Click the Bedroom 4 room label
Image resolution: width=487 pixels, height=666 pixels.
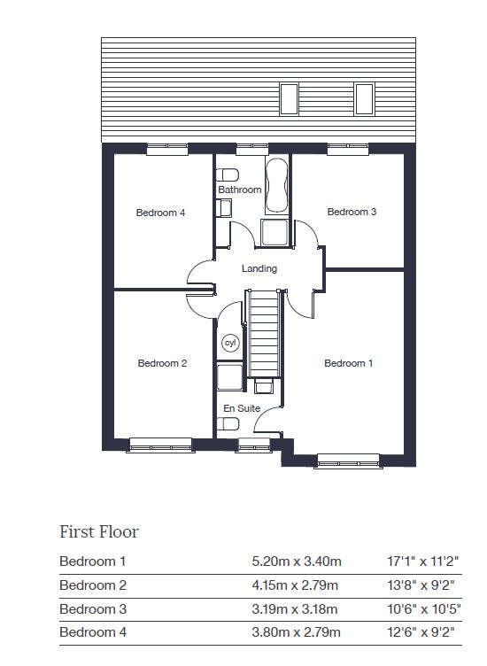tap(160, 213)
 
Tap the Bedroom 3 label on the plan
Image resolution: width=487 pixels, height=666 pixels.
tap(352, 212)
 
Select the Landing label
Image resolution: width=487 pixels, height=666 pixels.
tap(259, 268)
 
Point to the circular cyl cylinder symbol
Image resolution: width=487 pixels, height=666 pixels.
tap(230, 343)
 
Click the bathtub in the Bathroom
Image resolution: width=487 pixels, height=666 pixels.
tap(276, 185)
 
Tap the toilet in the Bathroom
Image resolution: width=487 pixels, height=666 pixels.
tap(228, 175)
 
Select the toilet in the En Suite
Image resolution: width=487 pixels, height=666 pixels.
tap(228, 423)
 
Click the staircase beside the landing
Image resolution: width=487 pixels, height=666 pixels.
tap(264, 334)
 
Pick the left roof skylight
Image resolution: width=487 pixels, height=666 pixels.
tap(289, 99)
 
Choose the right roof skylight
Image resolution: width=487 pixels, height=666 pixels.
tap(364, 99)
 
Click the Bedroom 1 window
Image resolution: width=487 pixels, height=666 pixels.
tap(348, 461)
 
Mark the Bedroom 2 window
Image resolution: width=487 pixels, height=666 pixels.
tap(160, 445)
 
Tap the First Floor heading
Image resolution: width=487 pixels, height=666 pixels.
tap(99, 531)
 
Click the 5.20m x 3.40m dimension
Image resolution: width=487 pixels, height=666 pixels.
tap(297, 561)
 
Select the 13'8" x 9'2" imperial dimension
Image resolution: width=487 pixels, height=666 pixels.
tap(421, 585)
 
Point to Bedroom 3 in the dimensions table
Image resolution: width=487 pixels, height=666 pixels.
tap(93, 608)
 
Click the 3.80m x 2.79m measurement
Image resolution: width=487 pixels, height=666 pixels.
tap(296, 632)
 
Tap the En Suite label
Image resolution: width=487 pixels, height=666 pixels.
tap(242, 408)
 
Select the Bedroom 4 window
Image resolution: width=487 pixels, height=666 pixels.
tap(167, 149)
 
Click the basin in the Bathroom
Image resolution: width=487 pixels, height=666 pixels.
tap(224, 208)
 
